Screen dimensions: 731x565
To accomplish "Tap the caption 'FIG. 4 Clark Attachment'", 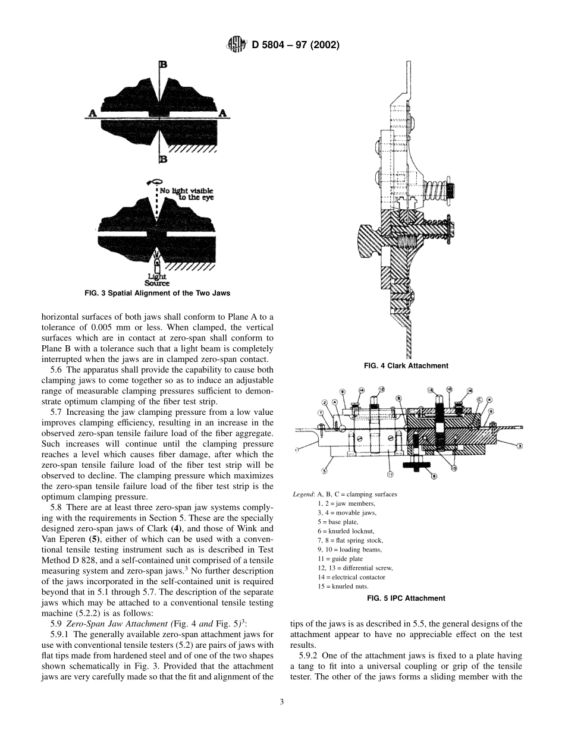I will (x=406, y=366).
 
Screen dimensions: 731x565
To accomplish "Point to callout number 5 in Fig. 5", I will (x=324, y=471).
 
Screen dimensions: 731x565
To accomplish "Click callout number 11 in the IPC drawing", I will (x=390, y=474).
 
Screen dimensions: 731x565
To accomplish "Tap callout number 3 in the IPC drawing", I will (x=519, y=445).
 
